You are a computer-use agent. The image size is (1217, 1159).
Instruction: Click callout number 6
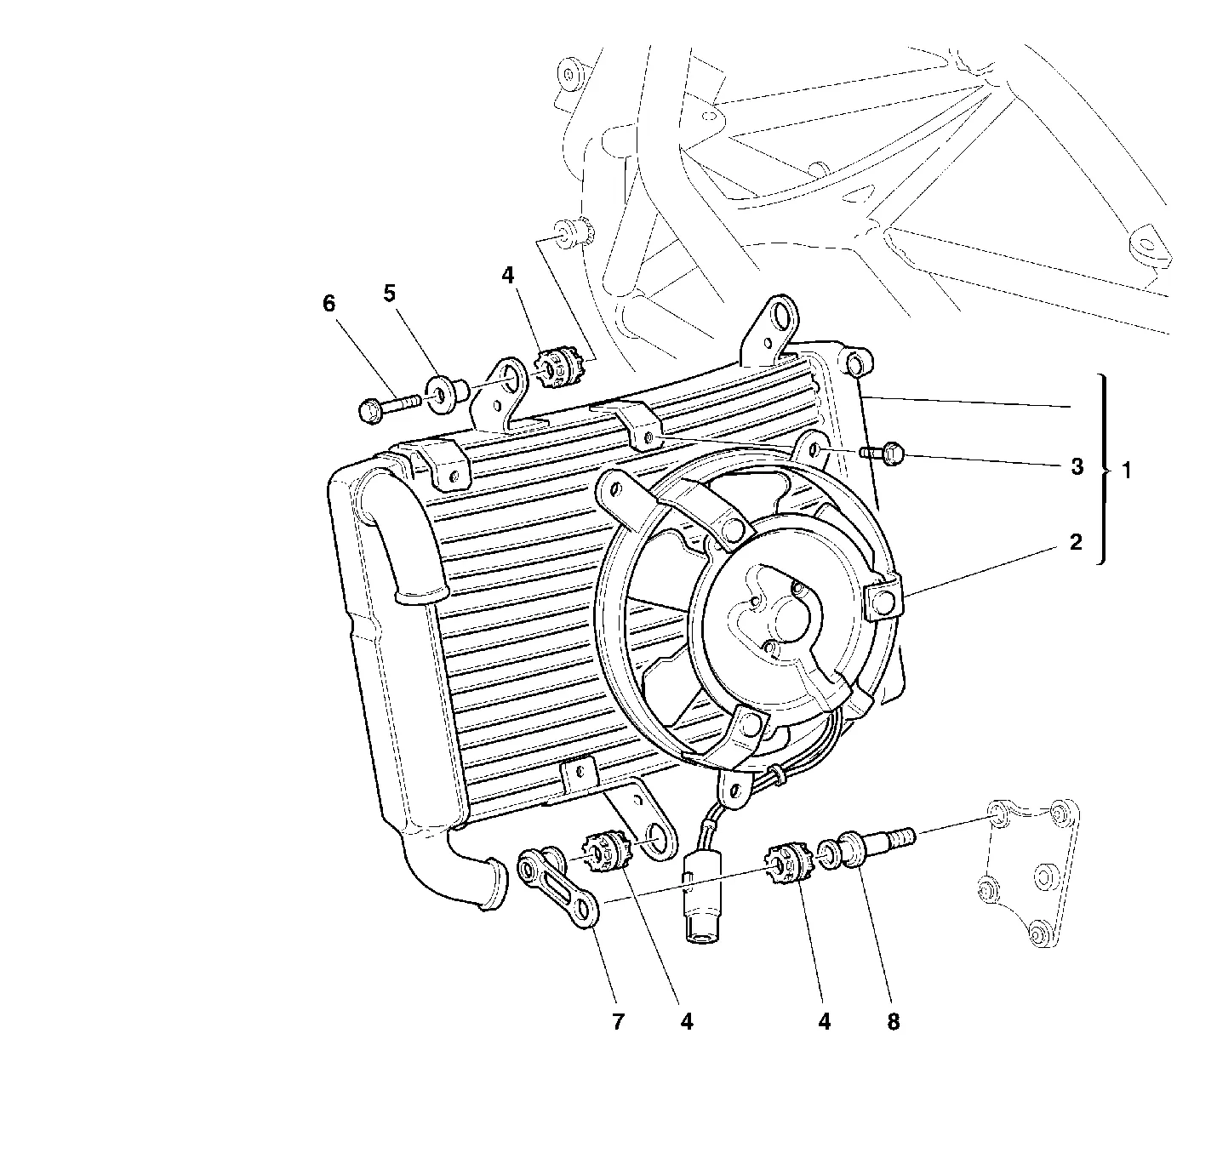[329, 304]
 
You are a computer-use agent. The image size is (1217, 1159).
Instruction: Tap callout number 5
[389, 293]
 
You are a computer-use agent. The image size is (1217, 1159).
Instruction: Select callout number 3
[1077, 466]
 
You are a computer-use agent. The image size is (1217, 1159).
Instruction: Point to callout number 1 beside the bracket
[1127, 471]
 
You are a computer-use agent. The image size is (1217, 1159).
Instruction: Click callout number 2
[1076, 542]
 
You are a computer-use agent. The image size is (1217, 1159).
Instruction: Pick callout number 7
[618, 1021]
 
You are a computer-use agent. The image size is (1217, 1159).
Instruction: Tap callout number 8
[893, 1021]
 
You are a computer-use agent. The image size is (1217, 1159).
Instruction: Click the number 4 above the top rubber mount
[507, 275]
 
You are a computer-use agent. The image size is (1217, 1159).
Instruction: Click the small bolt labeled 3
[881, 455]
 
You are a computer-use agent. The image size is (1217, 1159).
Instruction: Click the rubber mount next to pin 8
[786, 862]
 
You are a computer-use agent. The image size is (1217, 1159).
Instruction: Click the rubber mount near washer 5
[559, 369]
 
